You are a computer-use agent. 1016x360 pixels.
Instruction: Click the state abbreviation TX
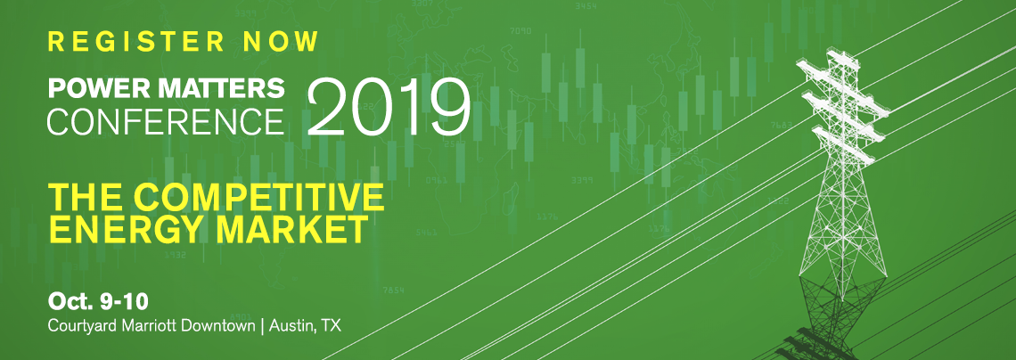point(331,326)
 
